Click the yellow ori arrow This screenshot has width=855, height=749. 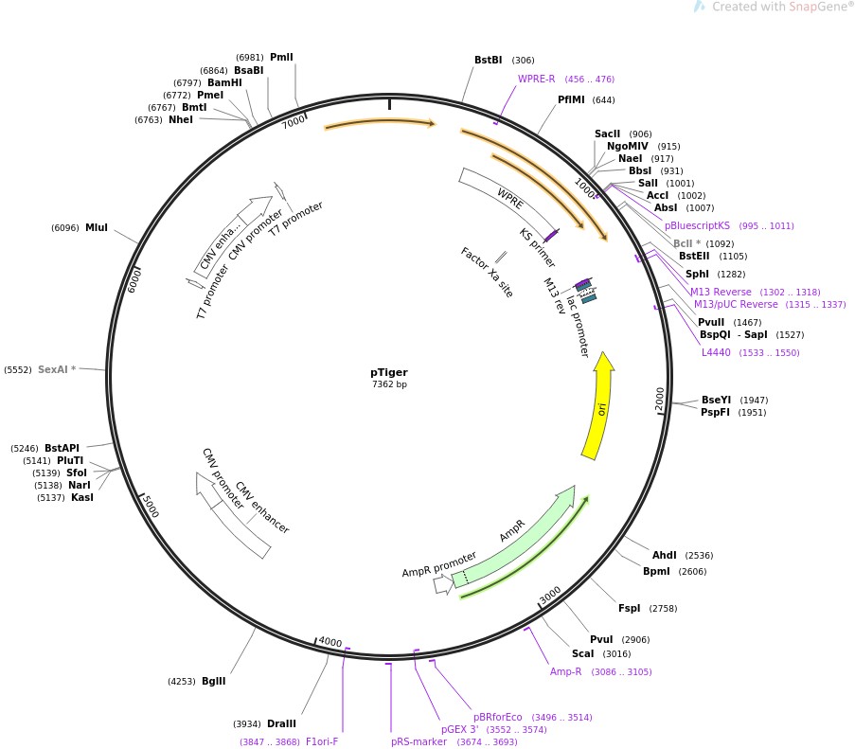click(597, 407)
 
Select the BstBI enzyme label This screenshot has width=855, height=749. click(489, 60)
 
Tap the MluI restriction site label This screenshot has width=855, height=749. click(97, 227)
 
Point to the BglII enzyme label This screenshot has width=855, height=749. click(214, 681)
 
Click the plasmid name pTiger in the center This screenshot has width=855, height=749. click(389, 372)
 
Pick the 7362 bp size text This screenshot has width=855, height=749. click(389, 384)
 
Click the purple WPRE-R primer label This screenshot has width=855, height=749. click(537, 79)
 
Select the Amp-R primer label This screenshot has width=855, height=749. click(566, 671)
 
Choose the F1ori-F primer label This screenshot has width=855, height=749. click(322, 741)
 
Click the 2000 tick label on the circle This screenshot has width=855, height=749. click(661, 398)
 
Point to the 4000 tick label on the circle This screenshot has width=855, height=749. click(330, 642)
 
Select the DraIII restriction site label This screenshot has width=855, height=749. click(282, 723)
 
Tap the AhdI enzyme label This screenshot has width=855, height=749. click(665, 555)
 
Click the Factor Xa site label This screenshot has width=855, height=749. click(487, 273)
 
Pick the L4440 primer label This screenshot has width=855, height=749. click(716, 352)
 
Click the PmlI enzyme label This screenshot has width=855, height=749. click(281, 57)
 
